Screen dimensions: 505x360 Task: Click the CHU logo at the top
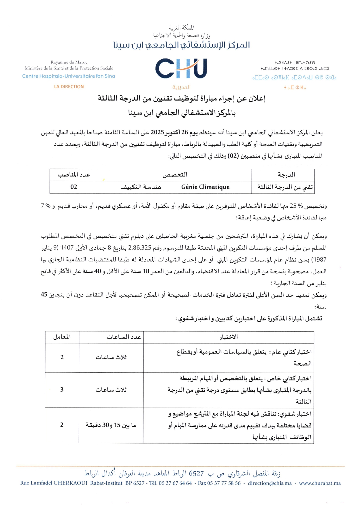tap(181, 69)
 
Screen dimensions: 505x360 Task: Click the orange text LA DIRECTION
tap(69, 87)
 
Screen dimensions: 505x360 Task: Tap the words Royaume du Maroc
tap(69, 62)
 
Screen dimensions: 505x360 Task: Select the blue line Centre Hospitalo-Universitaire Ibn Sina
tap(69, 76)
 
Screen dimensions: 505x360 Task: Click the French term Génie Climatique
tap(205, 187)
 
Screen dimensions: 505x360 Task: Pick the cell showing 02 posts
tap(74, 187)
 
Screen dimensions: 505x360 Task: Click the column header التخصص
tap(175, 175)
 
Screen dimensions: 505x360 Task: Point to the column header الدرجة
tap(286, 175)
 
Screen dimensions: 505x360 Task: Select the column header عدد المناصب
tap(74, 175)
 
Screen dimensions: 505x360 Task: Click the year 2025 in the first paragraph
tap(157, 132)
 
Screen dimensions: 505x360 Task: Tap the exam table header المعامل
tap(62, 337)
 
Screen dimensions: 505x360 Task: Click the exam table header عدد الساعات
tap(124, 337)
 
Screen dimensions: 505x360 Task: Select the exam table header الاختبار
tap(229, 337)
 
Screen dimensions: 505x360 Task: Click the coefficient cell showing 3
tap(62, 390)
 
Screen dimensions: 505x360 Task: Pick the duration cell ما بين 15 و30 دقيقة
tap(111, 425)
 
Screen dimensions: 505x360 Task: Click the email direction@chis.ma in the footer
tap(270, 483)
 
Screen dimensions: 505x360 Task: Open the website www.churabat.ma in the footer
tap(320, 483)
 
